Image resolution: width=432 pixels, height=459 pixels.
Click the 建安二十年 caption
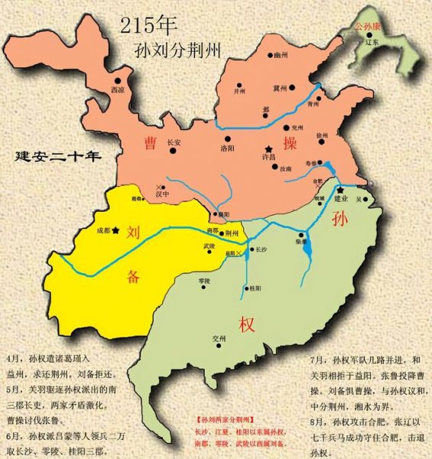[x=59, y=158]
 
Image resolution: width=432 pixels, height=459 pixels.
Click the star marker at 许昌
[x=268, y=148]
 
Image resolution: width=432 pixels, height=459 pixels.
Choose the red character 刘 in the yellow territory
[x=133, y=231]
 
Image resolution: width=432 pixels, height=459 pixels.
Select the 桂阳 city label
[x=255, y=289]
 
